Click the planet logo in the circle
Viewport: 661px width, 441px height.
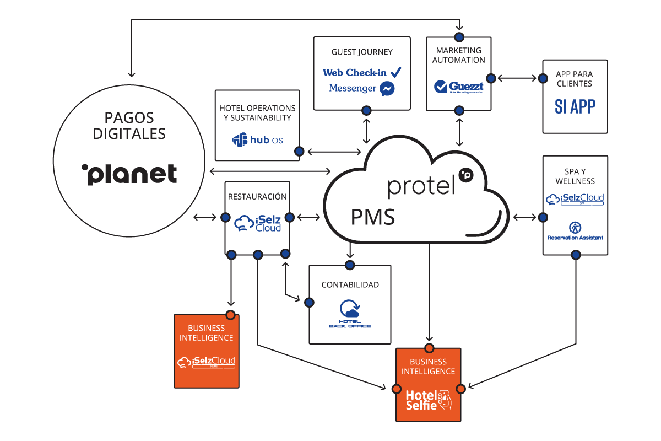[129, 174]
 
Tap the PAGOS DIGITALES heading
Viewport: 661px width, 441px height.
[129, 125]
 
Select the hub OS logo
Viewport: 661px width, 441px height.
[258, 140]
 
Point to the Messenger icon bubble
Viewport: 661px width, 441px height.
[387, 88]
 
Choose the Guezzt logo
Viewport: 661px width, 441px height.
[459, 87]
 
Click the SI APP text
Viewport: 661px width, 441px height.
[575, 106]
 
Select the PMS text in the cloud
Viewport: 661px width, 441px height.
[373, 217]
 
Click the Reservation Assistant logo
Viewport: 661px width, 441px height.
[575, 230]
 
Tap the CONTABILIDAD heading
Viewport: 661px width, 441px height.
[350, 285]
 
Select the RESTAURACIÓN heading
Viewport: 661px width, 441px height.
[257, 196]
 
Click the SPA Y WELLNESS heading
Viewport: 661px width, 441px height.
[575, 176]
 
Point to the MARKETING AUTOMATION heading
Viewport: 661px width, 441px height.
[459, 55]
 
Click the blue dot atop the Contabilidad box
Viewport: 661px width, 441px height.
[350, 265]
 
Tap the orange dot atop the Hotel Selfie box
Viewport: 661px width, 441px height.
[429, 348]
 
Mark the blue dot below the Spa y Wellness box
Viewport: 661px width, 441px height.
[576, 255]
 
